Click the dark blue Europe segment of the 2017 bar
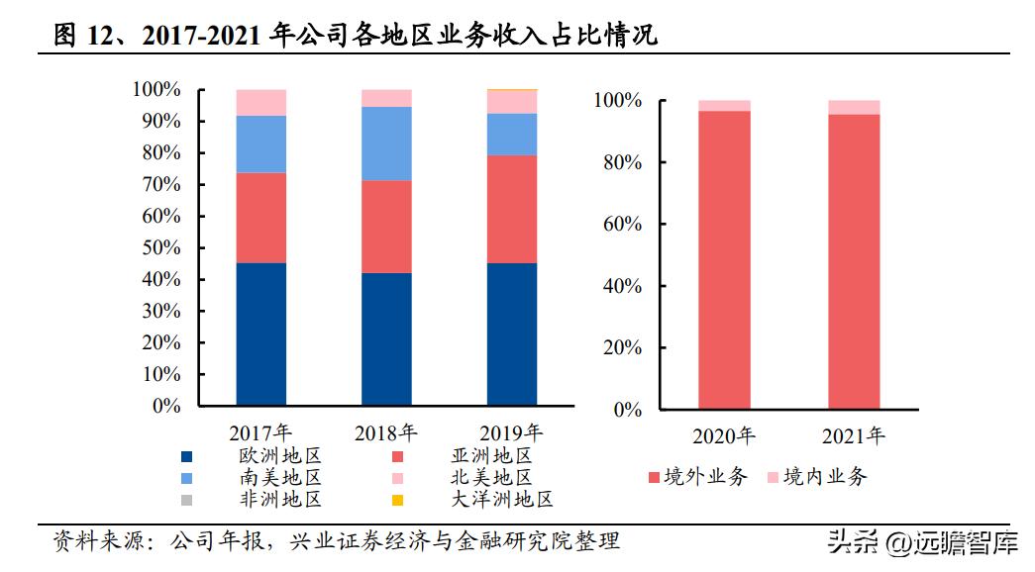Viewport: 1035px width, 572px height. [261, 334]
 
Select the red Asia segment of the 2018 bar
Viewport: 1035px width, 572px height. [386, 227]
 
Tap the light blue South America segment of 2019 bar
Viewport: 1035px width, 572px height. [512, 134]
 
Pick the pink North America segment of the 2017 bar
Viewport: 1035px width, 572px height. [261, 102]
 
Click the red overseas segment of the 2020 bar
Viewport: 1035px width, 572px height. [724, 259]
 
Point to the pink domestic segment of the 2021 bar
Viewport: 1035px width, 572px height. [854, 107]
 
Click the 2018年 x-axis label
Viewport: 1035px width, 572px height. [386, 432]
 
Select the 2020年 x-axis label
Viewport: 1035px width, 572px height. [724, 435]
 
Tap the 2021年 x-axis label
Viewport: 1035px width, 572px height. [854, 435]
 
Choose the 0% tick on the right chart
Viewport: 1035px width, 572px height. [626, 409]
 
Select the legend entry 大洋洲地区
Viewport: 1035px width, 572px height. [501, 499]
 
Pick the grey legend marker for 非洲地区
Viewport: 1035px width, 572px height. [187, 500]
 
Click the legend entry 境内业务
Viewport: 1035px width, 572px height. [825, 477]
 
